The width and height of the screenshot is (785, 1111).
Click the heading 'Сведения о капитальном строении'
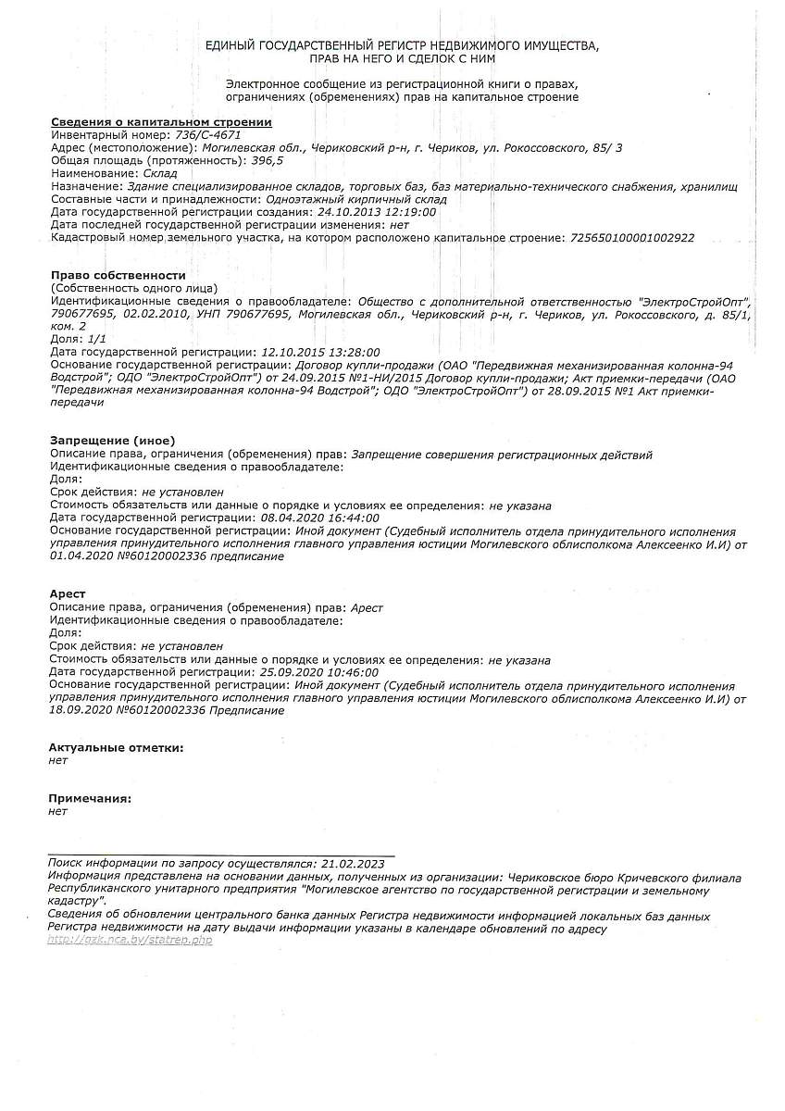pos(161,122)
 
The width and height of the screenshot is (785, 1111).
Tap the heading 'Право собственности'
pos(118,276)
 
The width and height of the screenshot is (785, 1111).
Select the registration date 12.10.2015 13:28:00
pos(320,353)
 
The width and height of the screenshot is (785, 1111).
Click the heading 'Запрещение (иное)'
pos(112,441)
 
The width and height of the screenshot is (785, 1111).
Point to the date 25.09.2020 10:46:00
pos(319,672)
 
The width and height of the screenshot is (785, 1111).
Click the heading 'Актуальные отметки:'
pos(116,747)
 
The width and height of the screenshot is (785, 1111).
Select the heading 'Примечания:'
pos(90,798)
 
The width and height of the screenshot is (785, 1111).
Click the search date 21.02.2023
pos(353,862)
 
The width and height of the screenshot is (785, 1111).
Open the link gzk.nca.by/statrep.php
pos(130,941)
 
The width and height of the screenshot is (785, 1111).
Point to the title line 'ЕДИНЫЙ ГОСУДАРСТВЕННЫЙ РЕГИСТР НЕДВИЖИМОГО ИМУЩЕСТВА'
pos(402,45)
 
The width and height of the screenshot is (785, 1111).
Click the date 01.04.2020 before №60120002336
pos(82,557)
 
